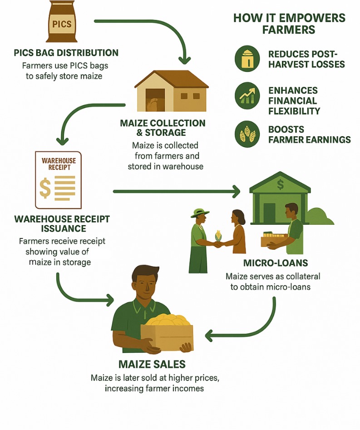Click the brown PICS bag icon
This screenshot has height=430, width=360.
62,21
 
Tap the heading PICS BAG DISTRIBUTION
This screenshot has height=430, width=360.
66,53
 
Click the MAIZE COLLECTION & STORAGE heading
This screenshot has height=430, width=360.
163,128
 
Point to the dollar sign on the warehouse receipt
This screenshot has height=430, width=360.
45,187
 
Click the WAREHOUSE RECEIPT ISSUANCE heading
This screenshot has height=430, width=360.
62,223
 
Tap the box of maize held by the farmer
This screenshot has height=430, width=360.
167,332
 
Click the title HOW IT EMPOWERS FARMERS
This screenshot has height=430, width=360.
289,24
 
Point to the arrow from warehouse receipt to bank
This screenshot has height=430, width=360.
177,192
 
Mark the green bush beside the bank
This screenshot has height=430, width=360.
321,217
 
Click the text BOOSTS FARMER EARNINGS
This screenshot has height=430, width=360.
309,134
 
